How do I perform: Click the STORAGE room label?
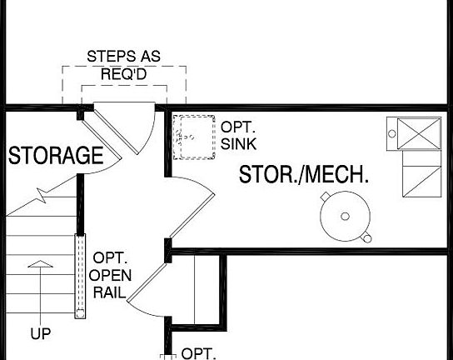point(56,156)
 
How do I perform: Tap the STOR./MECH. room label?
point(304,175)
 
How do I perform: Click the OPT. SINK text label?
point(238,136)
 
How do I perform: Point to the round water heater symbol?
point(345,217)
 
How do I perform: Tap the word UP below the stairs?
point(40,335)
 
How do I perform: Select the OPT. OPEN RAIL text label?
point(111,276)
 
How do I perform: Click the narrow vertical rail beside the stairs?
point(80,276)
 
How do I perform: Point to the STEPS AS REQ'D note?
point(124,64)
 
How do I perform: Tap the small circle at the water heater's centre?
point(345,217)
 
